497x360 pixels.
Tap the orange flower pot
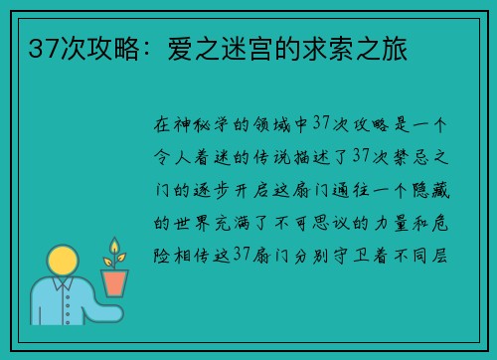[x=116, y=281]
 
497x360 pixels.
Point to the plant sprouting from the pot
[x=115, y=253]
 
